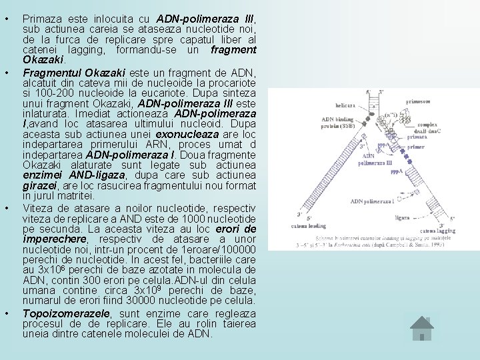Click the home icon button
pos(422,328)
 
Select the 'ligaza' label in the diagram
pos(402,217)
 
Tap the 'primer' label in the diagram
pos(417,147)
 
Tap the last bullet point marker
pos(7,313)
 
